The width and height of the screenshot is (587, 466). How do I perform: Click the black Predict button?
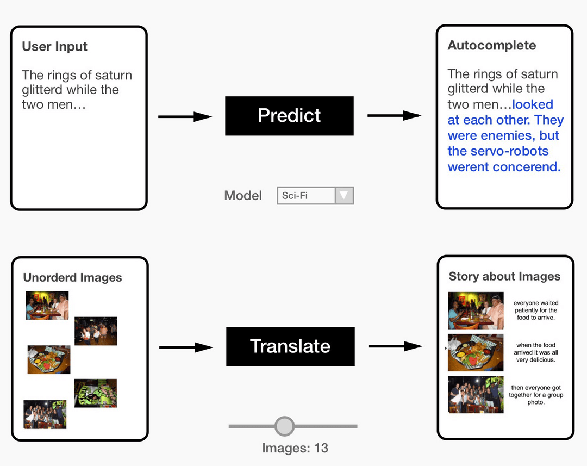tap(289, 116)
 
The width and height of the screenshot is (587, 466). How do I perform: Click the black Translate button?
tap(290, 346)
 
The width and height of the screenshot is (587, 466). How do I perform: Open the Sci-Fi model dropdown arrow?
tap(344, 195)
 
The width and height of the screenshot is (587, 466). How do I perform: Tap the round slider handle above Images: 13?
tap(284, 426)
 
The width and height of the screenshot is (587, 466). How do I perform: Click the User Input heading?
tap(54, 47)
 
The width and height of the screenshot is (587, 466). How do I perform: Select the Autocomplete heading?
tap(491, 46)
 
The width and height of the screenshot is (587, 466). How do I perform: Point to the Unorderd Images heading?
tap(72, 278)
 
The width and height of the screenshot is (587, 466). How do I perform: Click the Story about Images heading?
tap(504, 276)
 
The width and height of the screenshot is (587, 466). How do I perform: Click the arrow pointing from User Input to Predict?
tap(185, 116)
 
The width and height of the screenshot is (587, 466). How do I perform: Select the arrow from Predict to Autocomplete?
tap(394, 115)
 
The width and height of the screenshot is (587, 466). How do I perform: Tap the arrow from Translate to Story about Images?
tap(395, 346)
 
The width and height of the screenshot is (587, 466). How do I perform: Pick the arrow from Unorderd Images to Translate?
tap(186, 347)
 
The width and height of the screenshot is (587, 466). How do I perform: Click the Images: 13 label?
tap(295, 448)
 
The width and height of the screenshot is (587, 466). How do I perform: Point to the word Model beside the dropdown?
tap(243, 196)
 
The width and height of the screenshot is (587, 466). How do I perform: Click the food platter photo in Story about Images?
tap(475, 353)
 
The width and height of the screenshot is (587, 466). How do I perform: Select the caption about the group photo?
tap(536, 395)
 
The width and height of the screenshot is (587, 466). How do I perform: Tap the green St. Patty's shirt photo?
tap(96, 393)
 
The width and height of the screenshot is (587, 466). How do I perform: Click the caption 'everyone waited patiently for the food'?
tap(536, 310)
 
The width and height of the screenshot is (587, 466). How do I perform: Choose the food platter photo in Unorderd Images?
tap(49, 359)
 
